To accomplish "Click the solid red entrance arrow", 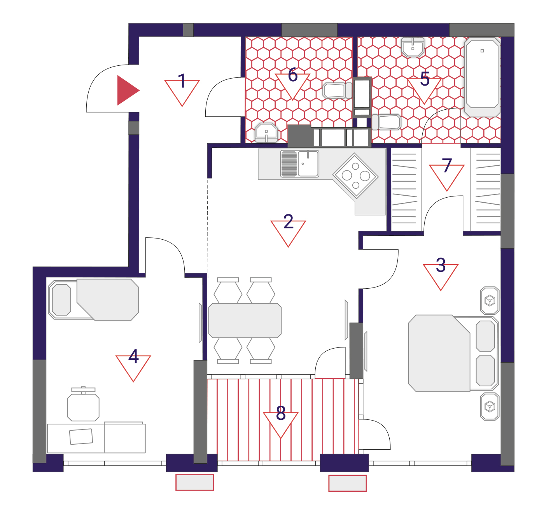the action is tap(126, 90).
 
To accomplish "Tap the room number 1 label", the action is tap(182, 81).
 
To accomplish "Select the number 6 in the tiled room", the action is tap(292, 75).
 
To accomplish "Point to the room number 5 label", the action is tap(425, 79).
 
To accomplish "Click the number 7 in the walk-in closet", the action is tap(447, 165).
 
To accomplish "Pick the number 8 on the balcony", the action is tap(281, 413).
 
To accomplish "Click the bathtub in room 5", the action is tap(482, 77).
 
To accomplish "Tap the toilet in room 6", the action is tap(338, 90).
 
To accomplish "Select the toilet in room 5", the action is tap(386, 122).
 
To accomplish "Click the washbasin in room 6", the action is tap(266, 133).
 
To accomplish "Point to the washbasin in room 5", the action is tap(413, 47).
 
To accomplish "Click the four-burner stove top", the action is tap(355, 176).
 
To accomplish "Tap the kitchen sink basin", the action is tap(308, 163).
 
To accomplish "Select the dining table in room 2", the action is tap(245, 321).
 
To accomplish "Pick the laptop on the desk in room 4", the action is tap(81, 437).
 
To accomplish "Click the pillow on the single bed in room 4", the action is tap(61, 300).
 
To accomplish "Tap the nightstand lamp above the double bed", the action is tap(490, 300).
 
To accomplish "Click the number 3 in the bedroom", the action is tap(441, 265).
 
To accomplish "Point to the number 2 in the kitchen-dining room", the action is tap(289, 221).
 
